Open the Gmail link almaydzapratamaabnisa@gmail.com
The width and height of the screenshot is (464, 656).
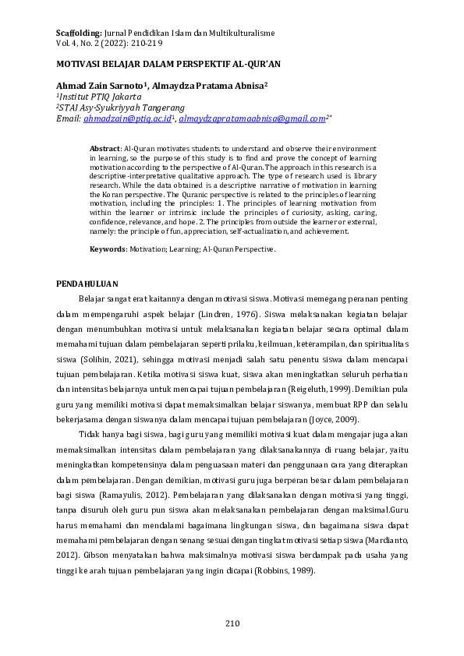[x=251, y=119]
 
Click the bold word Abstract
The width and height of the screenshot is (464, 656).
[x=105, y=146]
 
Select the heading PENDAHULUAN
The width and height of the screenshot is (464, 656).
[x=88, y=283]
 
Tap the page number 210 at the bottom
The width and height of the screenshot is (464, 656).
[x=232, y=623]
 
